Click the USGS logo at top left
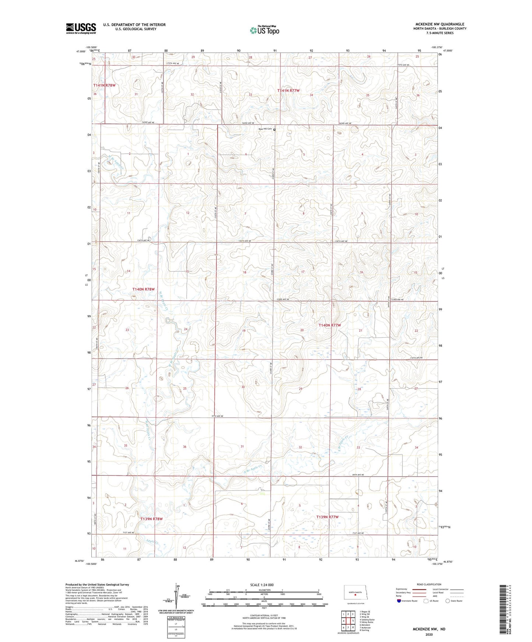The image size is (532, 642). coord(81,28)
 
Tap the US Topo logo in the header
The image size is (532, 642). coord(264,30)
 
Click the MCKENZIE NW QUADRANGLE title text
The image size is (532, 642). coord(440,24)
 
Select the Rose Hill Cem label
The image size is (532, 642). coord(265,129)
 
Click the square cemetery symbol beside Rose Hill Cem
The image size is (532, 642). coord(274,129)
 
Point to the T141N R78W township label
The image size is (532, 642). coord(104,85)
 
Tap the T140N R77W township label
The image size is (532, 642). coord(330,325)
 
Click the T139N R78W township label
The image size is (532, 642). coord(151,519)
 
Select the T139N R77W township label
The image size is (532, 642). coord(327,517)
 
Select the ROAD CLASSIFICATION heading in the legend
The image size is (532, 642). coord(429,584)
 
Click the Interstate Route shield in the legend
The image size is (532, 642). coord(399,601)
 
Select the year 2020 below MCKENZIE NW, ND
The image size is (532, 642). coord(429,634)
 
